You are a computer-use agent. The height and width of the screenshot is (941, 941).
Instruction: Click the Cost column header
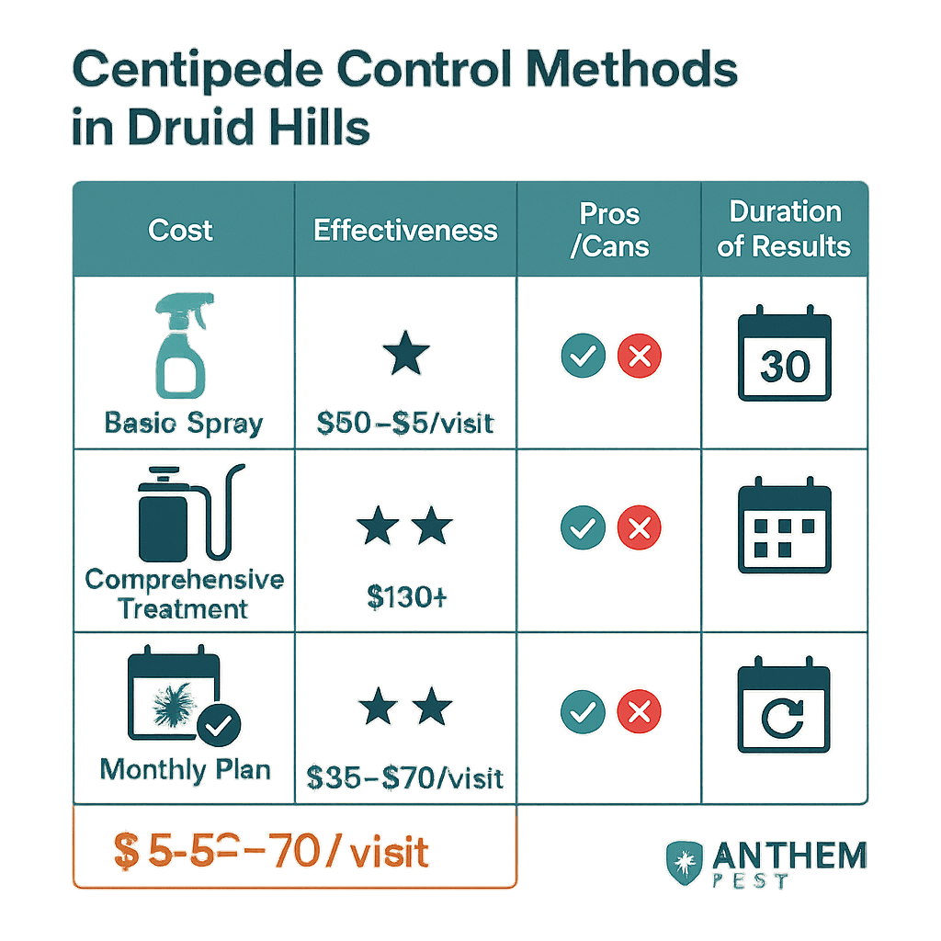click(181, 230)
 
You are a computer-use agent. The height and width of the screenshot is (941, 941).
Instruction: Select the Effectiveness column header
click(405, 230)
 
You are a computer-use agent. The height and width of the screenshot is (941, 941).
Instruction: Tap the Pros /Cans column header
click(609, 230)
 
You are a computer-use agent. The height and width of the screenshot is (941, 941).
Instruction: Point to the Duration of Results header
click(785, 230)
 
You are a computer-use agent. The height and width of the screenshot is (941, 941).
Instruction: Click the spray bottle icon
click(184, 345)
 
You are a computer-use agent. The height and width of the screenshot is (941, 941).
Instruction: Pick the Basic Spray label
click(184, 424)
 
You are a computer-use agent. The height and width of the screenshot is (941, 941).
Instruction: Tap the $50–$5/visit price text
click(405, 424)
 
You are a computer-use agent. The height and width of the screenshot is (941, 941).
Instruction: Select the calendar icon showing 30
click(785, 357)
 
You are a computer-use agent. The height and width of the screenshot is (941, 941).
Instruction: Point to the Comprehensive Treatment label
click(184, 594)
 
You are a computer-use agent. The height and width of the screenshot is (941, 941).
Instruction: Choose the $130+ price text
click(405, 597)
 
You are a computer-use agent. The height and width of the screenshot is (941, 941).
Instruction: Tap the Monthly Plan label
click(186, 768)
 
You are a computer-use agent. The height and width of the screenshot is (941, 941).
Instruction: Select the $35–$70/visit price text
click(405, 778)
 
